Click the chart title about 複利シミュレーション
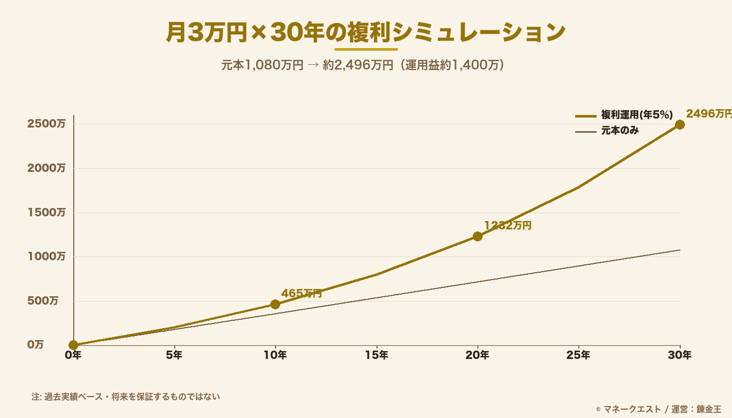(x=365, y=32)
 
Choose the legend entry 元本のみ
(x=620, y=131)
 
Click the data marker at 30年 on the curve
(x=680, y=124)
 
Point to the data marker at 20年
(x=477, y=236)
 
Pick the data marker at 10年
(x=275, y=304)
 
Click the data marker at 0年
(x=74, y=345)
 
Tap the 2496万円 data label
(x=708, y=113)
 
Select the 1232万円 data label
(x=507, y=225)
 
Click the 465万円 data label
(x=302, y=293)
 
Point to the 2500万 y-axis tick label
(x=47, y=124)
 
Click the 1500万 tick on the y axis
(x=47, y=213)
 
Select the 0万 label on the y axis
(x=36, y=345)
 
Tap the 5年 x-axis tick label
(x=174, y=355)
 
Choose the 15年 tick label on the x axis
(x=376, y=355)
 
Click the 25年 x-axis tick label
(x=578, y=355)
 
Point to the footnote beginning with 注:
(x=125, y=397)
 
